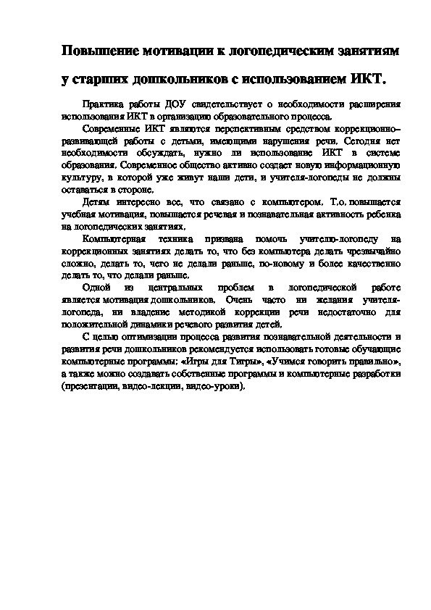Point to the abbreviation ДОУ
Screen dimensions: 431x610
(x=178, y=104)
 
